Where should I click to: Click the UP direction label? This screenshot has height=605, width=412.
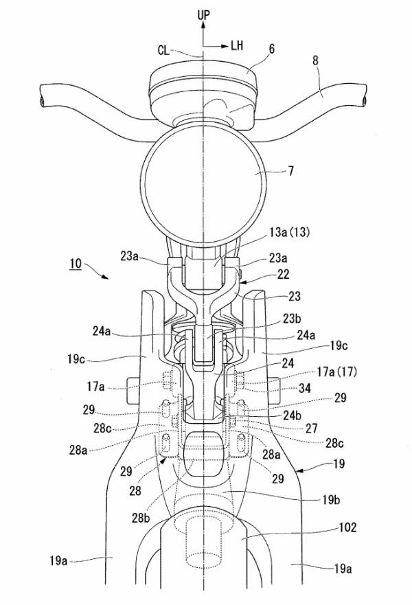203,14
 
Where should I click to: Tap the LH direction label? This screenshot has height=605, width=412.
238,46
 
